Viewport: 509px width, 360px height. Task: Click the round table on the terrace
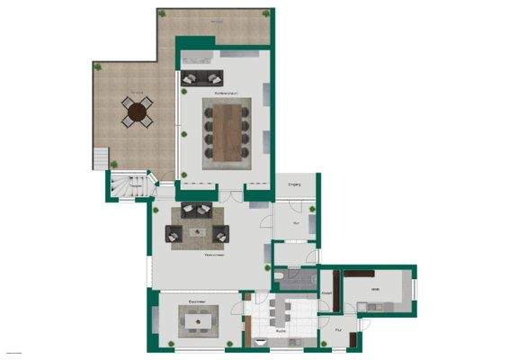(137, 112)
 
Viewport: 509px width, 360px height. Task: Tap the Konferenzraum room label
(225, 94)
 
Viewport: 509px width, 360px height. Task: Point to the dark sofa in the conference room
(201, 77)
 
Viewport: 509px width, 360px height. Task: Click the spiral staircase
(129, 186)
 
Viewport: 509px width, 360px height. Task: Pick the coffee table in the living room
(196, 233)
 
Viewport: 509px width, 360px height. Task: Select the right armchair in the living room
(220, 234)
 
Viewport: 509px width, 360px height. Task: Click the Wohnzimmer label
(212, 255)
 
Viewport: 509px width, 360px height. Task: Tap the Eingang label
(294, 184)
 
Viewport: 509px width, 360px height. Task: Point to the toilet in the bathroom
(280, 276)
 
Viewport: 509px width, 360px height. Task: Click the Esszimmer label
(198, 301)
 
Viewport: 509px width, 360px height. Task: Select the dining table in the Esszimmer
(196, 319)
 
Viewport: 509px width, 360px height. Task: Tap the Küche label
(281, 332)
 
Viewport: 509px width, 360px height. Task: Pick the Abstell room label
(326, 294)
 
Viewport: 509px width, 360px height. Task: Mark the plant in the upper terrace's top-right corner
(267, 14)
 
